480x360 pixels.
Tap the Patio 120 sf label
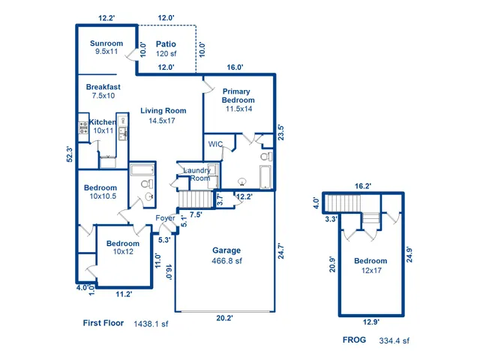pyautogui.click(x=166, y=49)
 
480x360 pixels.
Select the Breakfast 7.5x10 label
pyautogui.click(x=103, y=91)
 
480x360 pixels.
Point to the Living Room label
pyautogui.click(x=163, y=115)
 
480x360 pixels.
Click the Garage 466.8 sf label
pyautogui.click(x=226, y=256)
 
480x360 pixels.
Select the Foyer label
pyautogui.click(x=165, y=218)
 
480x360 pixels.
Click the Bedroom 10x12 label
pyautogui.click(x=122, y=248)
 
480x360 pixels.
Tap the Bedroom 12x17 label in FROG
pyautogui.click(x=370, y=265)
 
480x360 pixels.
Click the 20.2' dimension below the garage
pyautogui.click(x=224, y=318)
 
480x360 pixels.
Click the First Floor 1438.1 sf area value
pyautogui.click(x=151, y=324)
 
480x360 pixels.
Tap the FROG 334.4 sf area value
pyautogui.click(x=394, y=340)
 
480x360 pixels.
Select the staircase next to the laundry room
pyautogui.click(x=195, y=199)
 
